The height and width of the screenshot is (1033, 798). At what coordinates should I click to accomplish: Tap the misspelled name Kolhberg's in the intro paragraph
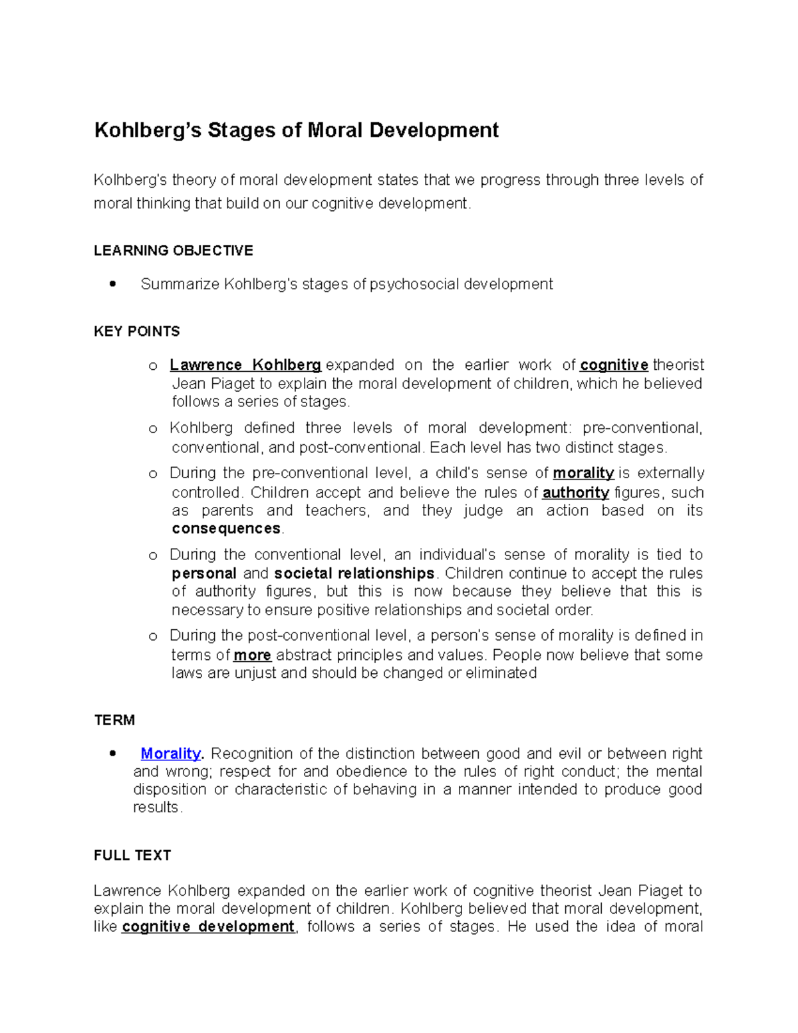pyautogui.click(x=130, y=180)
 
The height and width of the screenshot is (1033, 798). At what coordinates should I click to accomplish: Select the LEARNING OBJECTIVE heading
pyautogui.click(x=174, y=251)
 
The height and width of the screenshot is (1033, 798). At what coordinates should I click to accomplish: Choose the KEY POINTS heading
pyautogui.click(x=137, y=331)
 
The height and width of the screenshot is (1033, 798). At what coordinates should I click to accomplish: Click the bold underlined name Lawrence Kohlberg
pyautogui.click(x=245, y=365)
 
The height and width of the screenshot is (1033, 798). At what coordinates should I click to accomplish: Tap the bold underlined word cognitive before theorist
pyautogui.click(x=614, y=365)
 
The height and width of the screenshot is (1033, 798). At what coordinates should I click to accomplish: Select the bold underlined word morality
pyautogui.click(x=583, y=473)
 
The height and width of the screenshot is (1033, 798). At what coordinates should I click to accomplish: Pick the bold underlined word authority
pyautogui.click(x=576, y=493)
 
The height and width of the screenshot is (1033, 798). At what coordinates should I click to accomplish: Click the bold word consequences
pyautogui.click(x=226, y=529)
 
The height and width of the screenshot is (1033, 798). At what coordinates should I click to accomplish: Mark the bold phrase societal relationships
pyautogui.click(x=354, y=573)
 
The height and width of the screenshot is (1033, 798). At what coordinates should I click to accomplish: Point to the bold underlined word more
pyautogui.click(x=252, y=655)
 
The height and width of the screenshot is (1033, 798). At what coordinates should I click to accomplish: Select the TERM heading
pyautogui.click(x=114, y=720)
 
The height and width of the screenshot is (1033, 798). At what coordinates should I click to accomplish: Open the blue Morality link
pyautogui.click(x=171, y=754)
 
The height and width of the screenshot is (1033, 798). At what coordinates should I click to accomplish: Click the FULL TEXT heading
pyautogui.click(x=132, y=855)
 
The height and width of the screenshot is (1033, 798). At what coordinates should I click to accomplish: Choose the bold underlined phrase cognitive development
pyautogui.click(x=208, y=927)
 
